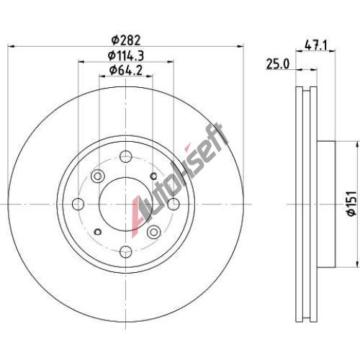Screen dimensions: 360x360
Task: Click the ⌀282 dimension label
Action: [125, 40]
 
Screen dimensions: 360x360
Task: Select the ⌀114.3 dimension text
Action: [126, 56]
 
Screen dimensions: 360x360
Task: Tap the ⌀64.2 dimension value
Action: [126, 71]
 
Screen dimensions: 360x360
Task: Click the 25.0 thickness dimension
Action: [278, 64]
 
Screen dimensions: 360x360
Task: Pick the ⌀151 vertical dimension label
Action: [352, 204]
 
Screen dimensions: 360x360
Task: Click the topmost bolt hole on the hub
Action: [126, 157]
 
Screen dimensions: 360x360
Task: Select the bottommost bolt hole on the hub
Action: [126, 252]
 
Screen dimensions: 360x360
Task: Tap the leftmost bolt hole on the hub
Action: [78, 204]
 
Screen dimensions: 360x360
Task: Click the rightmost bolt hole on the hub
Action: [174, 204]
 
